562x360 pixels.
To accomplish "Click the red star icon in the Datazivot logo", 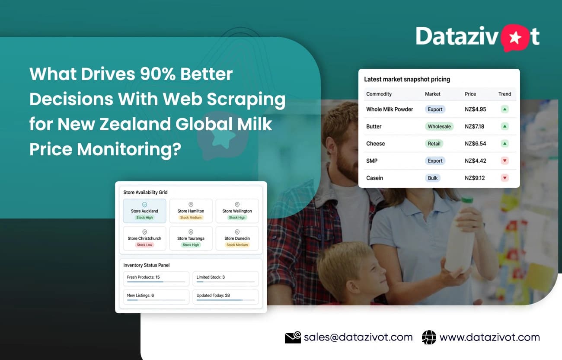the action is [x=515, y=38].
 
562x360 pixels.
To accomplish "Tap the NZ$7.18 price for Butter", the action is [x=474, y=126].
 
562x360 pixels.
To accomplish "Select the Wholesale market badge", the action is [x=439, y=126].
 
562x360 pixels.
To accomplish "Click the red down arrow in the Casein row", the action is [x=505, y=178].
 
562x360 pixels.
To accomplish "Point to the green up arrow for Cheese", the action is [x=505, y=144].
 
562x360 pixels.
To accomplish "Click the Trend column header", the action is [x=505, y=94].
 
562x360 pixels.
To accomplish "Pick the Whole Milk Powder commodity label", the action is [x=390, y=109].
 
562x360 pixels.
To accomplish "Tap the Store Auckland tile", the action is [x=144, y=211].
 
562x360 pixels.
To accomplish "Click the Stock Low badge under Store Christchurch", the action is [x=144, y=245].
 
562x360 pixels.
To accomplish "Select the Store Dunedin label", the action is [x=237, y=238].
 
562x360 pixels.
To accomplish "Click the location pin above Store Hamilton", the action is [x=191, y=205].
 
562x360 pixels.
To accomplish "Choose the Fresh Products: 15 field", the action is [x=156, y=278].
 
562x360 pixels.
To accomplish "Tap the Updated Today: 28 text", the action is [x=213, y=295].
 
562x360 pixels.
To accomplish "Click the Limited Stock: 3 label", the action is [x=211, y=277].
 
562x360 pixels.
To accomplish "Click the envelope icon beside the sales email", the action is [x=293, y=337].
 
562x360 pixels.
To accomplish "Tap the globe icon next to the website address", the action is [x=429, y=337].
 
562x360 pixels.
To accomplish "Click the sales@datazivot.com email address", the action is [x=358, y=337].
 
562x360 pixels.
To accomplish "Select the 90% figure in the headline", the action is [x=158, y=74].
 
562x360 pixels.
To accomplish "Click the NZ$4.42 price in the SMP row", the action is [x=475, y=161].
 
